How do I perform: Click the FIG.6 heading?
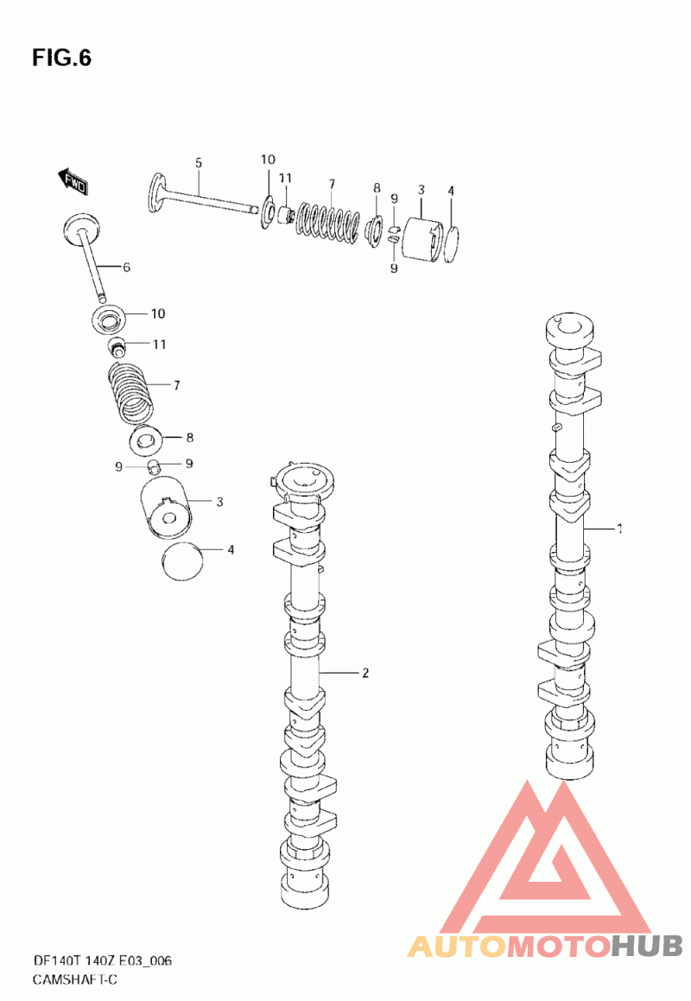pyautogui.click(x=62, y=58)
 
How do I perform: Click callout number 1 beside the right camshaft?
pyautogui.click(x=618, y=529)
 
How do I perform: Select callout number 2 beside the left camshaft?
pyautogui.click(x=365, y=673)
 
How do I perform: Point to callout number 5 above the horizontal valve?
pyautogui.click(x=199, y=162)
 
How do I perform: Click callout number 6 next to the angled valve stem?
pyautogui.click(x=126, y=267)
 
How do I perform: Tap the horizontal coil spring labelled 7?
pyautogui.click(x=328, y=224)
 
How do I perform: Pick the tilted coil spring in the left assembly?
pyautogui.click(x=130, y=393)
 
